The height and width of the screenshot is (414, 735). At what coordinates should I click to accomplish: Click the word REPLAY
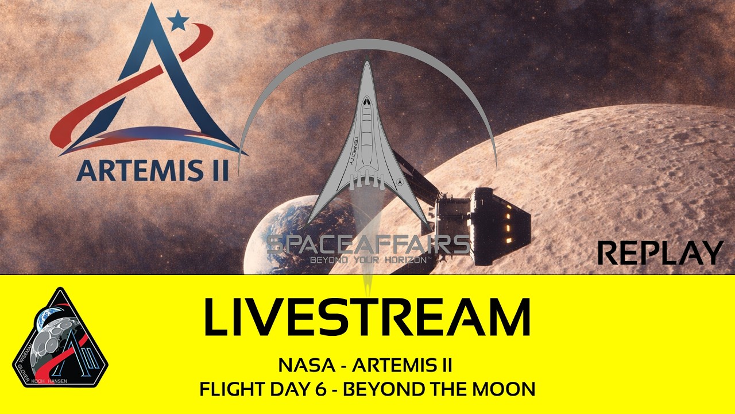click(660, 253)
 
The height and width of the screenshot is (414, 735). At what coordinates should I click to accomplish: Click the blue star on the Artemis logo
click(179, 22)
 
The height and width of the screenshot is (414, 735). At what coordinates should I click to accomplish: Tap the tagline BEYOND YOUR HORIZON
click(369, 260)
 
